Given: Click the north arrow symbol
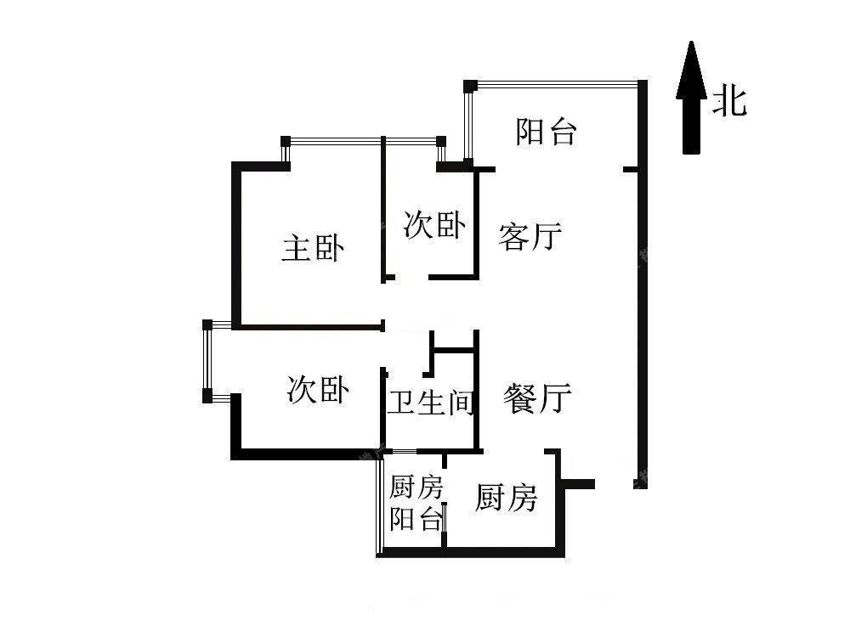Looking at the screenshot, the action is pos(691,98).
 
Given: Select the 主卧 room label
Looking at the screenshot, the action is pos(313,248).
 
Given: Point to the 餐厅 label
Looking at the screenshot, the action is pos(536,398).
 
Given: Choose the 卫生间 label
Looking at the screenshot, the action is pos(432,402).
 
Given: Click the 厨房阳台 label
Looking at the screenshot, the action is pos(416,503).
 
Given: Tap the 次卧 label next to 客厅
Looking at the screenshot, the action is pos(434,224).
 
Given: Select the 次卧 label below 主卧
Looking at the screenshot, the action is pos(318,389).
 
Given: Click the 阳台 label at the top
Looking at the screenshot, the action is pos(546,132).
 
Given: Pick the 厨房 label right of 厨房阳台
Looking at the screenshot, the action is pos(506,497).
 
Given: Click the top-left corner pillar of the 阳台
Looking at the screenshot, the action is pos(470,86).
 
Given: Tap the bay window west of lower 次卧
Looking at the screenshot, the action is pos(207,359).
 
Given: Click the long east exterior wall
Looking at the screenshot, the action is pos(642,285).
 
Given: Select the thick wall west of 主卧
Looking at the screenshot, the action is pos(235,245).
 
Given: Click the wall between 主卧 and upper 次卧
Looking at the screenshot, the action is pos(382,209).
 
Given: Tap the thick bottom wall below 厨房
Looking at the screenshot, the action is pos(471,553).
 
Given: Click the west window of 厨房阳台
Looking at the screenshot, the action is pos(379,503).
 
